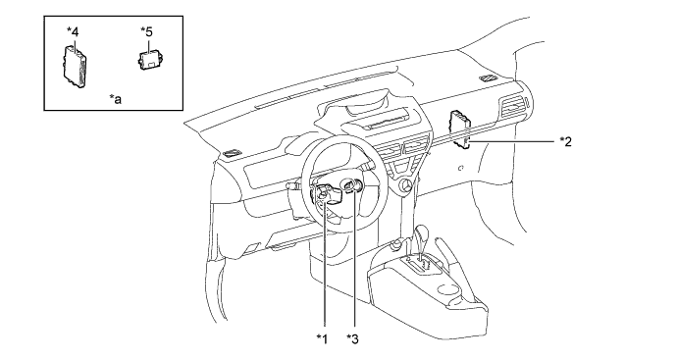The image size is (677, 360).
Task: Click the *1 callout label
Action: tap(322, 339)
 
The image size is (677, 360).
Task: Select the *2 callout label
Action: tap(565, 141)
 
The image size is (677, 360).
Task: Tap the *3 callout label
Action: tap(352, 339)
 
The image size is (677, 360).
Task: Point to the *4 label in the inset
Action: tap(73, 31)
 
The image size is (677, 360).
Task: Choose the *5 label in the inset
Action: tap(146, 31)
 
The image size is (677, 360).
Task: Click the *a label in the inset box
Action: tap(115, 99)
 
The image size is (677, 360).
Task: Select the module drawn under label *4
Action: tap(75, 67)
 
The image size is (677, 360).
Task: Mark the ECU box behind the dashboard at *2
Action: tap(460, 129)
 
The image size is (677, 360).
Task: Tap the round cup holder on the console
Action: tap(448, 288)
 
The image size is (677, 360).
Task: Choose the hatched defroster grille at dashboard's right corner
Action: tap(489, 77)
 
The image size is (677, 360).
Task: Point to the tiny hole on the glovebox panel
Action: tap(461, 168)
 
